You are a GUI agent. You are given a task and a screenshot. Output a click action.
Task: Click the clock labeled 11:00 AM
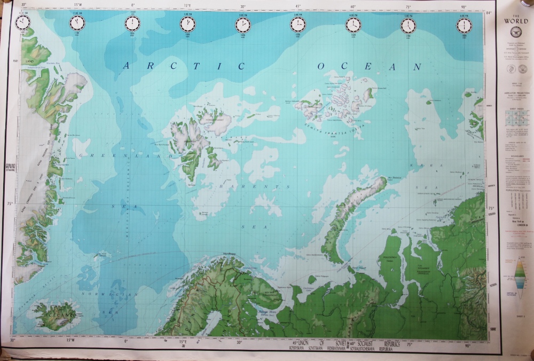click(x=77, y=22)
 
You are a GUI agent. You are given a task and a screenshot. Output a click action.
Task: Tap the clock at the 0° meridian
click(x=132, y=23)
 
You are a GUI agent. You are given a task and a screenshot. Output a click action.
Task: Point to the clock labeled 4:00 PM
click(x=353, y=25)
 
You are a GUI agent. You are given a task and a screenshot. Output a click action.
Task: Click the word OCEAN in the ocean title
click(x=369, y=67)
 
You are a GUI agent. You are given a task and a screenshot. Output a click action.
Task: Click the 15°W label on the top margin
click(x=78, y=5)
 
